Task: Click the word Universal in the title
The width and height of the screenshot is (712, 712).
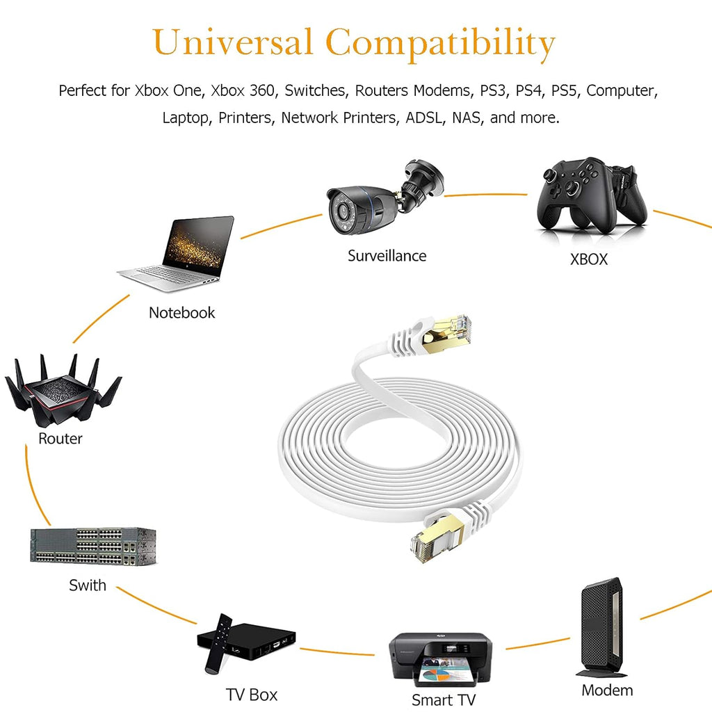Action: click(x=232, y=42)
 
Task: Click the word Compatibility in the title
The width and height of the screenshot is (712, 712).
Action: click(x=440, y=44)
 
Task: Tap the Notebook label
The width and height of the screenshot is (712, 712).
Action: click(x=181, y=312)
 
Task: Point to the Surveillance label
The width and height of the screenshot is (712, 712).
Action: click(x=387, y=256)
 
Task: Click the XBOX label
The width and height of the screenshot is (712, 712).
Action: click(x=588, y=259)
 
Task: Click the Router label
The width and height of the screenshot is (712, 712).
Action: click(x=60, y=438)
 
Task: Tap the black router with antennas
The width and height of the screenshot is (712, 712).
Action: click(x=63, y=389)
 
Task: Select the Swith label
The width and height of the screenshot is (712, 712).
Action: click(x=87, y=585)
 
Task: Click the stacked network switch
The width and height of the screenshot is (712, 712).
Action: click(x=93, y=547)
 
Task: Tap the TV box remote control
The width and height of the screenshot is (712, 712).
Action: click(x=218, y=643)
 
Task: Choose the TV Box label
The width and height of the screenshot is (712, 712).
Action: click(x=252, y=695)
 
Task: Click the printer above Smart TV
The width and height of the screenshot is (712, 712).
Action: click(x=440, y=659)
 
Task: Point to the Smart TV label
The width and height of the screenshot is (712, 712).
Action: click(x=443, y=699)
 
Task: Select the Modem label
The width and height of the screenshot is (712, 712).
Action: click(x=607, y=690)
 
